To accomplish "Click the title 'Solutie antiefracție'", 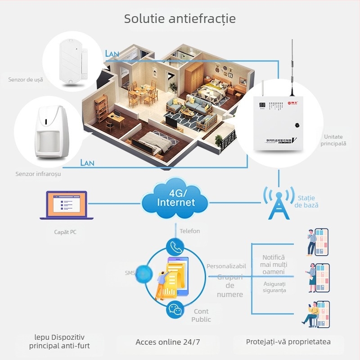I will (x=180, y=19).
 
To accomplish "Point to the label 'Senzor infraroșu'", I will (x=38, y=173).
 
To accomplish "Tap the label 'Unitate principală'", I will (x=333, y=140).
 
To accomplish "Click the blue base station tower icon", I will (x=279, y=203).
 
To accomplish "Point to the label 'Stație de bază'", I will (x=306, y=202).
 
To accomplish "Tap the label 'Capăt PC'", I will (x=62, y=232).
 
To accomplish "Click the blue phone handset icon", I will (x=175, y=247).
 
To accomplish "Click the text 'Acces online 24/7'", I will (x=168, y=342).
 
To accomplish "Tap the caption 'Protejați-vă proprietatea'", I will (x=288, y=342).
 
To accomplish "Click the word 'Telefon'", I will (x=189, y=231).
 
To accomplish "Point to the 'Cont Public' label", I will (x=201, y=315).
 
